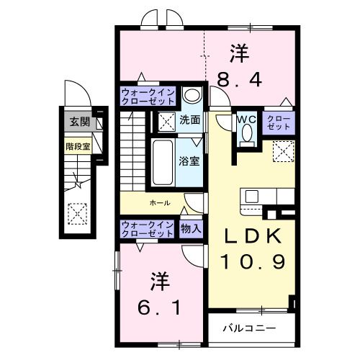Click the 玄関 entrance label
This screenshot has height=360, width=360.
pos(77,122)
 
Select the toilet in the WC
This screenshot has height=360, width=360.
pos(247,134)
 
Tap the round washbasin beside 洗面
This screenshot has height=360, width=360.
pos(191,96)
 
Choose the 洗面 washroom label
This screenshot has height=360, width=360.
pos(190,120)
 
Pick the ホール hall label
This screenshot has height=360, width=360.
pos(159,203)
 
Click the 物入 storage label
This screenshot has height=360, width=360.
pos(191,229)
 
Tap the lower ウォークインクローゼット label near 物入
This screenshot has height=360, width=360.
pos(147,229)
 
